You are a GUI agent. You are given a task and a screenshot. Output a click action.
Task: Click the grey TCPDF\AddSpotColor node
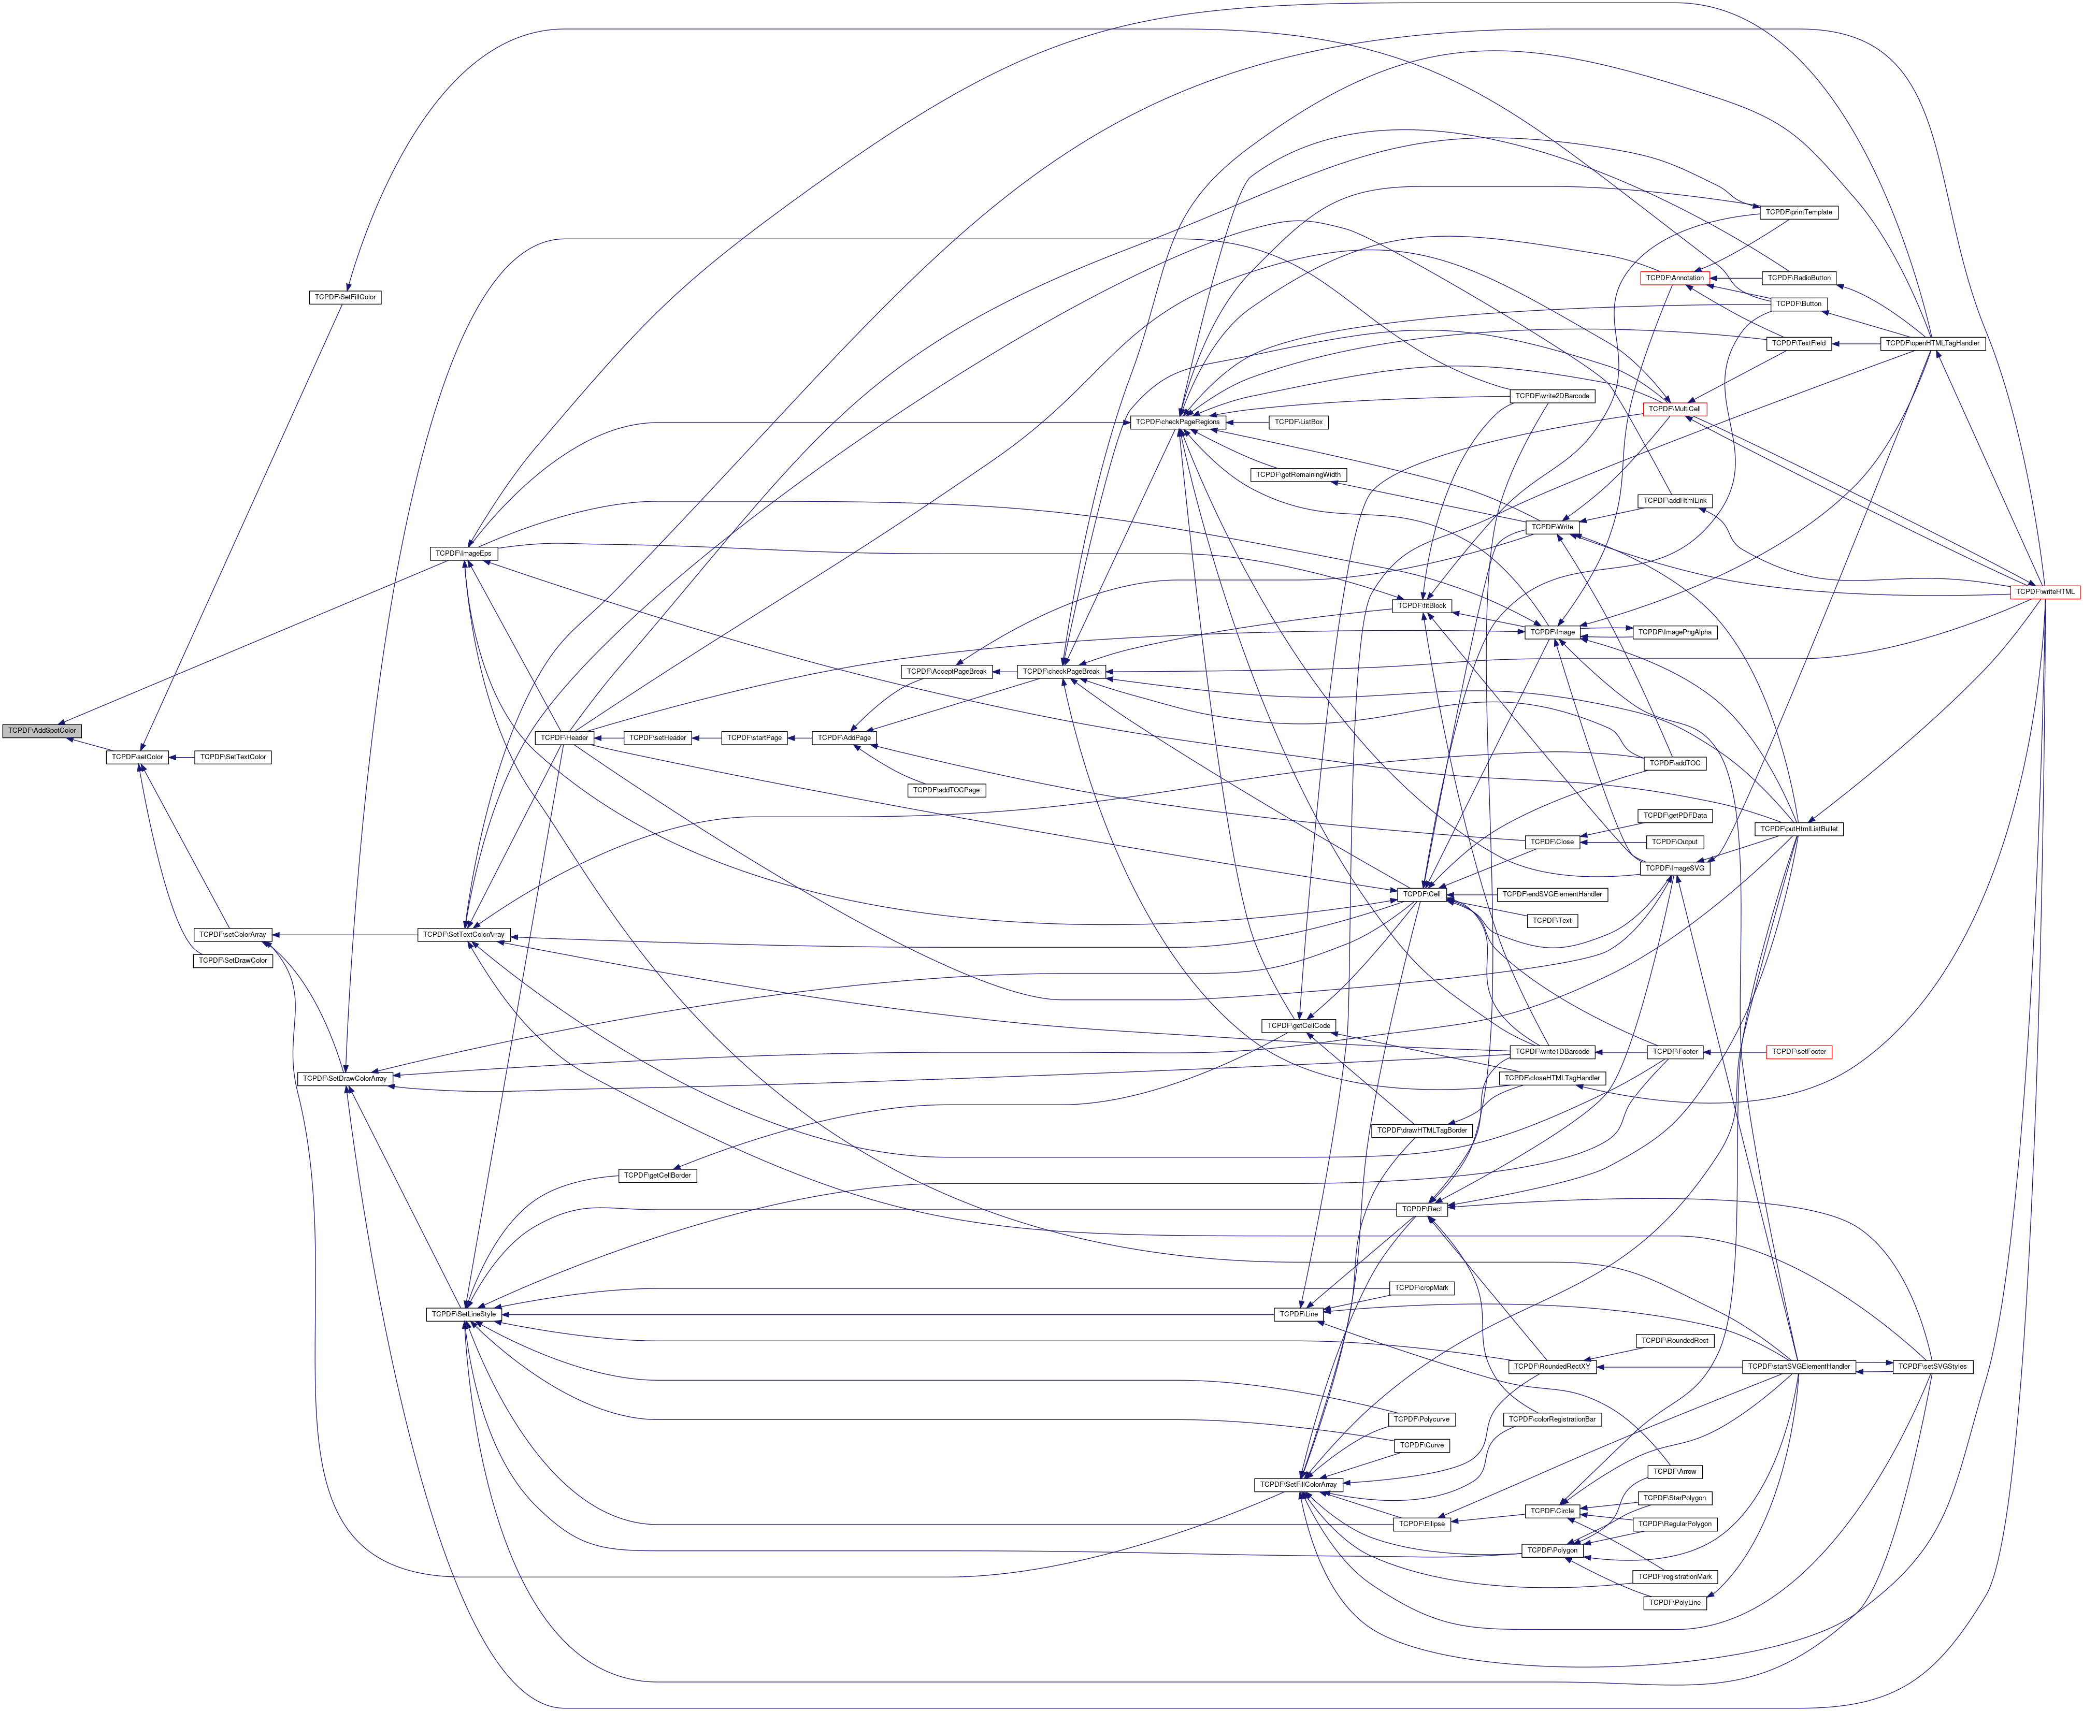pos(41,730)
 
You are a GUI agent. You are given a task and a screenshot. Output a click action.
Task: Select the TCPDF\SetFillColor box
pos(344,297)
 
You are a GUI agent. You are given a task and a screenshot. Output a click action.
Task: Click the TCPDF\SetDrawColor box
pos(233,960)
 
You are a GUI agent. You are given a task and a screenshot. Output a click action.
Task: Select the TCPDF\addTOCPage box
pos(946,789)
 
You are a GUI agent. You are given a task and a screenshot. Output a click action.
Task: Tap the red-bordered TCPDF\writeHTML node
pos(2046,592)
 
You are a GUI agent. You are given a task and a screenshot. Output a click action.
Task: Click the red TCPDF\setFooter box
pos(1799,1052)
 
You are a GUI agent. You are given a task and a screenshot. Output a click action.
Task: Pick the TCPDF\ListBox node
pos(1299,422)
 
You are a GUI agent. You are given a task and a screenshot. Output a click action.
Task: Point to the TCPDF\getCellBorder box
pos(657,1176)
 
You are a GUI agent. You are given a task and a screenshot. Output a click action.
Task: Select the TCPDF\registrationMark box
pos(1688,1577)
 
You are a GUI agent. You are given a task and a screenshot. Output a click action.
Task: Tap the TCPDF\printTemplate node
pos(1799,212)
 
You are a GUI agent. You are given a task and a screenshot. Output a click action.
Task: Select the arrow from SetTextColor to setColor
pos(181,757)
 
